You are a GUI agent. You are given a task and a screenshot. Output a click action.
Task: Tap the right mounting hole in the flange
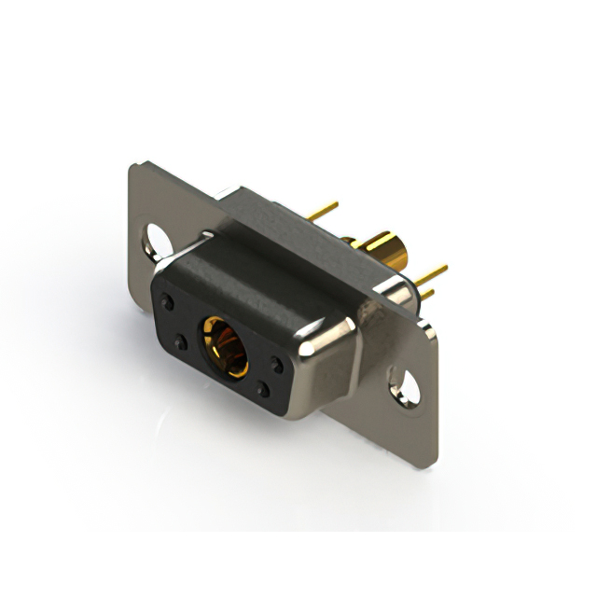(407, 385)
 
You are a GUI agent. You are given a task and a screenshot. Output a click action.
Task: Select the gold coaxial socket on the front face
(225, 344)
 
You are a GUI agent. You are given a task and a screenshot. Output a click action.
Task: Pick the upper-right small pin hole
(277, 365)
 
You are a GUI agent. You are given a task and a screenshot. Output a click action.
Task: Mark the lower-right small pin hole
(264, 391)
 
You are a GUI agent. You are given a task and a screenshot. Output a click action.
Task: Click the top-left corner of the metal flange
(133, 166)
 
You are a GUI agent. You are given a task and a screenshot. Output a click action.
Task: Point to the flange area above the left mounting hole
(149, 201)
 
